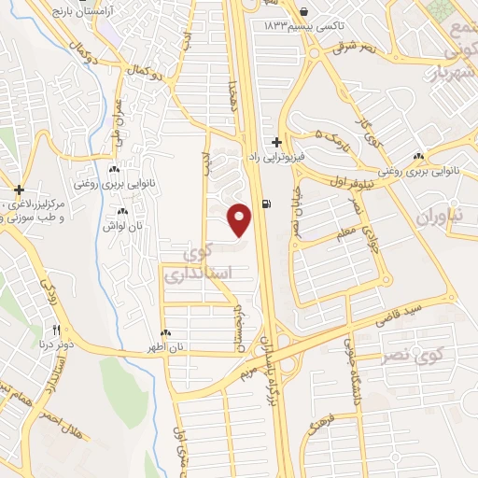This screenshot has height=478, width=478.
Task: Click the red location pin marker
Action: pyautogui.click(x=240, y=219)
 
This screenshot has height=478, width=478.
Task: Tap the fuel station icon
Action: pyautogui.click(x=269, y=205)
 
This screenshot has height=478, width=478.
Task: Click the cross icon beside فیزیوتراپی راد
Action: pyautogui.click(x=276, y=142)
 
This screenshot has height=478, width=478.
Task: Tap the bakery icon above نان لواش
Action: pyautogui.click(x=122, y=212)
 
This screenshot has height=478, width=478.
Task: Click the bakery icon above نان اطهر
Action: pyautogui.click(x=167, y=332)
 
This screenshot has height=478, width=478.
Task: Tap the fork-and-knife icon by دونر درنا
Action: pyautogui.click(x=56, y=330)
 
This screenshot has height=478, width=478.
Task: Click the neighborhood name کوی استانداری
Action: pyautogui.click(x=189, y=264)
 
